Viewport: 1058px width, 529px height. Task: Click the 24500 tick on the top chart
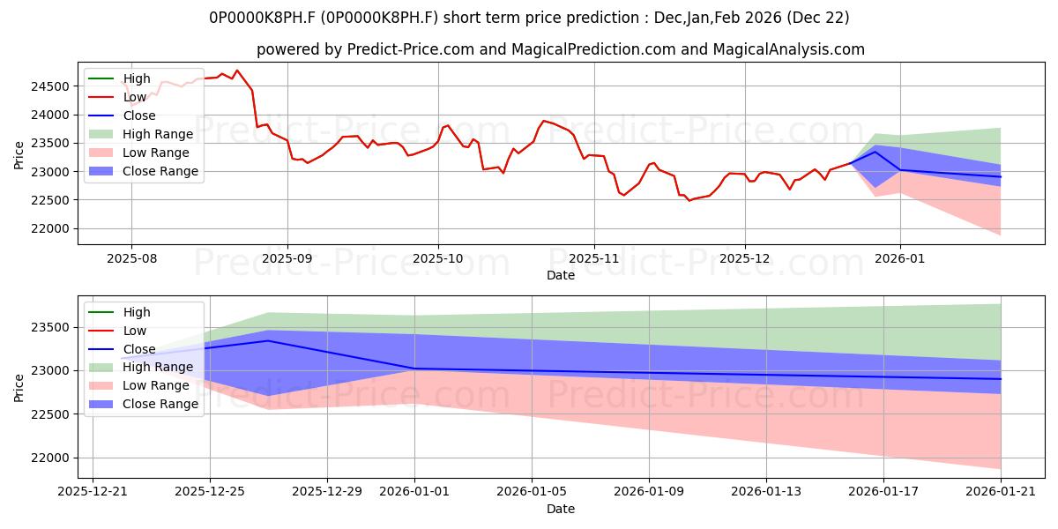50,86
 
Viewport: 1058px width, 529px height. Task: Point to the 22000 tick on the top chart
50,228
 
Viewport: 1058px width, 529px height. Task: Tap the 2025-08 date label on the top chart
131,258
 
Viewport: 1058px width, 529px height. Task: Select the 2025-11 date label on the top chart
594,258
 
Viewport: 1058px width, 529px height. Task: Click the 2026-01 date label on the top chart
900,258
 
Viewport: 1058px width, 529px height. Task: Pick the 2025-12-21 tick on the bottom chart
93,492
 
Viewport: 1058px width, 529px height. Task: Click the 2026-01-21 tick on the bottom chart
1001,492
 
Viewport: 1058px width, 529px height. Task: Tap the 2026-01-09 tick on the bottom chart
649,492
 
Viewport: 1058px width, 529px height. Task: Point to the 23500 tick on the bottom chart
50,327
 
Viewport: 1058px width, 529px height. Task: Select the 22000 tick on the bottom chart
50,458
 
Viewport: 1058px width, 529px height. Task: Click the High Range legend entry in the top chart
158,134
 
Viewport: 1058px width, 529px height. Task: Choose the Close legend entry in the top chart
139,115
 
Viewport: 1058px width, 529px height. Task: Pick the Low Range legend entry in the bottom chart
156,385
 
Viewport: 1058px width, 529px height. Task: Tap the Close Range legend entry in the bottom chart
160,404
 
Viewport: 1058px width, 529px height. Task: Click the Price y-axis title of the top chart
19,156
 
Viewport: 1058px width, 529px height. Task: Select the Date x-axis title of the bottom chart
560,509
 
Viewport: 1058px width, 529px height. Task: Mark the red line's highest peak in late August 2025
236,71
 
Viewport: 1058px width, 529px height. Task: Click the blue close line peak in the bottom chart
268,340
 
